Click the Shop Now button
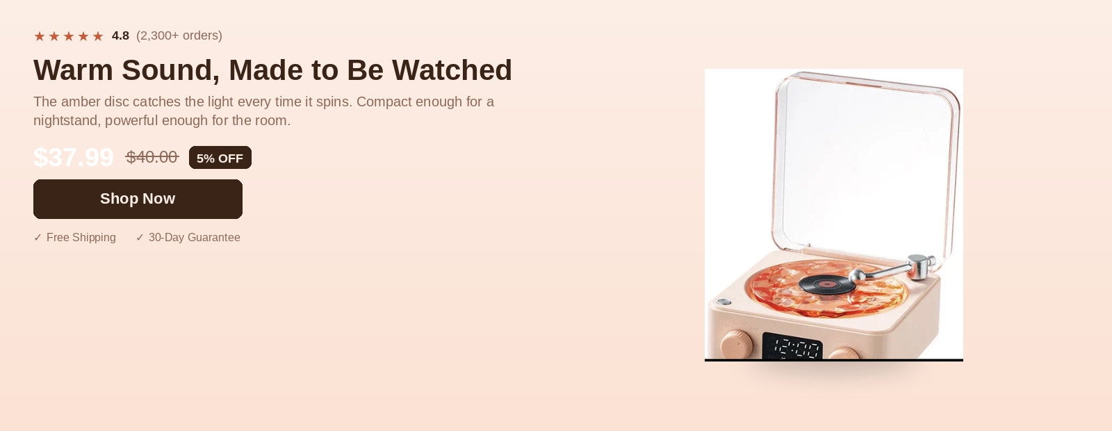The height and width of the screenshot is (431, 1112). [x=138, y=199]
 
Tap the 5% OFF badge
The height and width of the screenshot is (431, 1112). [x=220, y=158]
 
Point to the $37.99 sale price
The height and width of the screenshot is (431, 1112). [x=74, y=157]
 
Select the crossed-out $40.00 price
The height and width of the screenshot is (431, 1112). [x=152, y=157]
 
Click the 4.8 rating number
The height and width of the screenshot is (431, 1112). [x=120, y=35]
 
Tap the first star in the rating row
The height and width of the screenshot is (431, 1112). [x=39, y=36]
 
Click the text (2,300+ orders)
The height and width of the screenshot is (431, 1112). [x=179, y=35]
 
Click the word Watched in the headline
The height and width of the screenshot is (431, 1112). [x=452, y=70]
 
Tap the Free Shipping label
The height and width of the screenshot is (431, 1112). [x=81, y=237]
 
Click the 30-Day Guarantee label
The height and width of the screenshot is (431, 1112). [x=194, y=237]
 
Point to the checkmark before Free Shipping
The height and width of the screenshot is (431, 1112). [x=38, y=237]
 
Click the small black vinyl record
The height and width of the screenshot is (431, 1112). [x=828, y=284]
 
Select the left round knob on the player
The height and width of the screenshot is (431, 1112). [x=736, y=344]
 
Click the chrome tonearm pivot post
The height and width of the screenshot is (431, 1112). [x=919, y=267]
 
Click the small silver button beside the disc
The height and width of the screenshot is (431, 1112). [x=723, y=302]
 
